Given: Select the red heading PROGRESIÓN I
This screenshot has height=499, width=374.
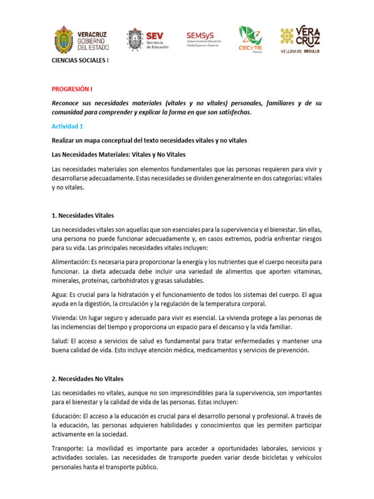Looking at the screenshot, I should tap(72, 89).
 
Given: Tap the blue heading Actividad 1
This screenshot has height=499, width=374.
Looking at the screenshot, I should tap(68, 126).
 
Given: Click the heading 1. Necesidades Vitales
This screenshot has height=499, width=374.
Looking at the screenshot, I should tap(83, 215).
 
